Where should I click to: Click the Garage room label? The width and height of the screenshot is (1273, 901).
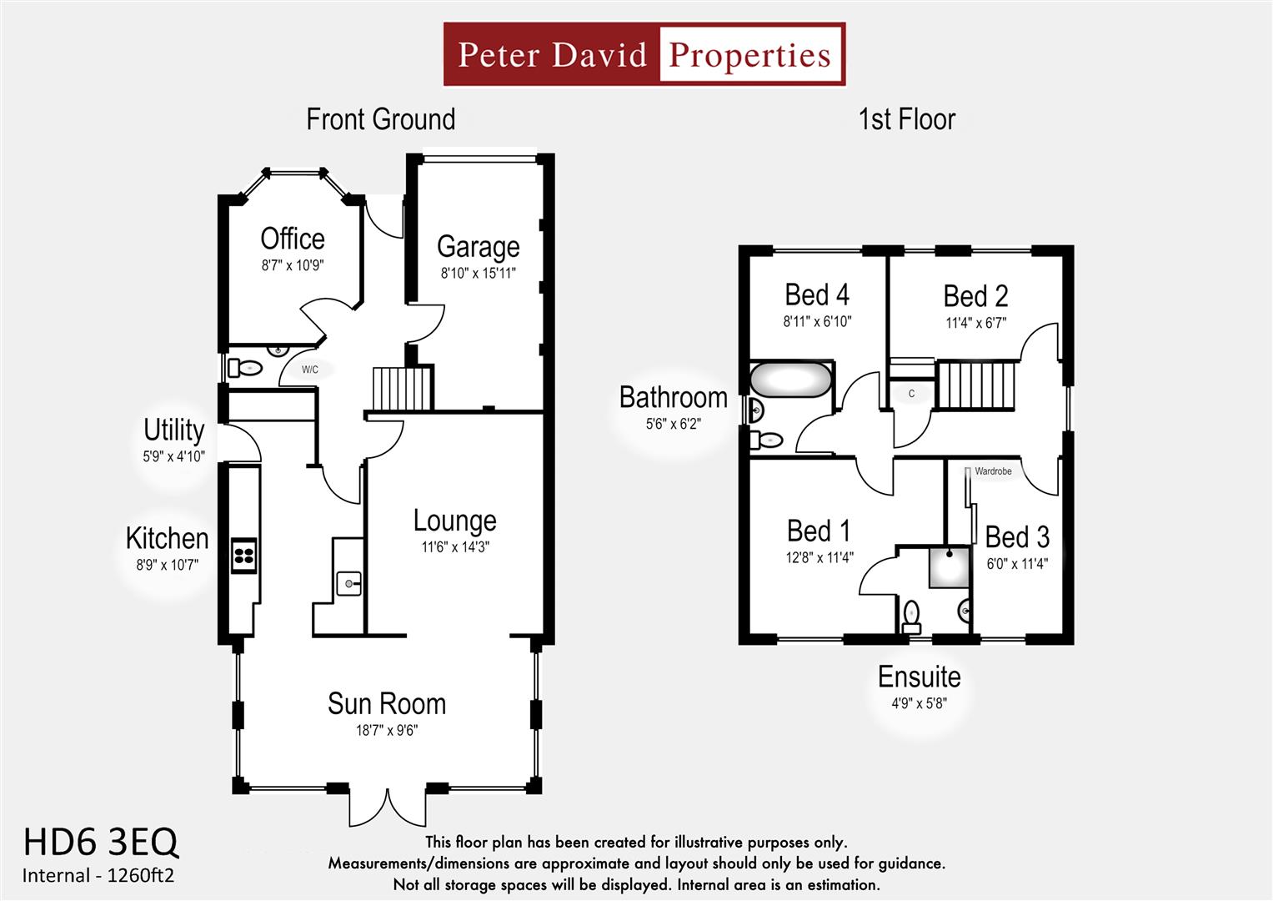(x=478, y=247)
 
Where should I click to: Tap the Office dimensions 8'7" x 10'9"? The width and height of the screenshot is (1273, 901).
(x=292, y=266)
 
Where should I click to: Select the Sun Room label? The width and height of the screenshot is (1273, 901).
(x=386, y=703)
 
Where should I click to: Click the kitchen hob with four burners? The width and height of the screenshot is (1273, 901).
(x=243, y=556)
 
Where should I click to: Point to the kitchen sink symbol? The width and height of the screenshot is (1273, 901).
(x=348, y=583)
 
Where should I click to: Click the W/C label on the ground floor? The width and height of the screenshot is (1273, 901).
(x=309, y=370)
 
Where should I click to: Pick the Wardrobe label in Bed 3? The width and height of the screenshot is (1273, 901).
(x=992, y=471)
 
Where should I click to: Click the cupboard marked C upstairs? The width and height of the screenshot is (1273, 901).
(x=911, y=394)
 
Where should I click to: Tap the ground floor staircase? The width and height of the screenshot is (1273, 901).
(x=403, y=388)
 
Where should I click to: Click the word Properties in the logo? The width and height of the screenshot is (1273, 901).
(x=749, y=55)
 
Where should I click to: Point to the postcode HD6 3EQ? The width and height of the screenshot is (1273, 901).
(x=100, y=843)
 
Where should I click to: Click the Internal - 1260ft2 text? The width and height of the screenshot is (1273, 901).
(x=98, y=876)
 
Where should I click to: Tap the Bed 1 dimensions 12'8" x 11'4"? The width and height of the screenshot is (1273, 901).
(x=819, y=558)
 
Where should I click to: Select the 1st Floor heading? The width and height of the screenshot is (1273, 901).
(x=906, y=119)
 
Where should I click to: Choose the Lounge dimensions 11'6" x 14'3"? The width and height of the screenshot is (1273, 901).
(x=454, y=547)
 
